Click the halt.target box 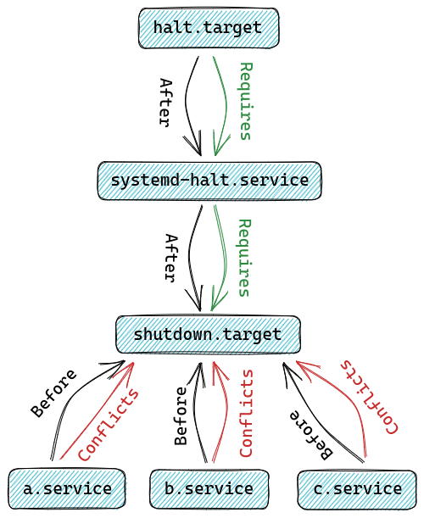[209, 28]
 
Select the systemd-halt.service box [209, 181]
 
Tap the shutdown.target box [208, 334]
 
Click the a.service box [67, 488]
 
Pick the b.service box [209, 488]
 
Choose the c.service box [355, 488]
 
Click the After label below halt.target [166, 102]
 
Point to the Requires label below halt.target [245, 101]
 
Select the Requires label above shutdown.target [245, 258]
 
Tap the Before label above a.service [53, 393]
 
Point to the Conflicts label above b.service [246, 413]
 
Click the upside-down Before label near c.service [312, 433]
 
